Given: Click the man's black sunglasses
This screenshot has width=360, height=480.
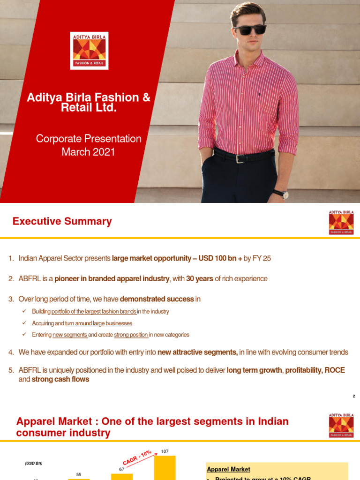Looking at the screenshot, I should (x=250, y=30).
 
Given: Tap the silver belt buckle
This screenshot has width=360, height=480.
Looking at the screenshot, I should (x=240, y=158).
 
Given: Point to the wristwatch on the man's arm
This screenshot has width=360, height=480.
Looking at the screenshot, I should (x=281, y=194).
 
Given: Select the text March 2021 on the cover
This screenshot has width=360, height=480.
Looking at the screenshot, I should (x=89, y=152).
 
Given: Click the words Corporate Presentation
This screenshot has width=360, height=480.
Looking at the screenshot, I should (x=89, y=139).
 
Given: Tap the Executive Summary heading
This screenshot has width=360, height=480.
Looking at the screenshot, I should (x=62, y=221).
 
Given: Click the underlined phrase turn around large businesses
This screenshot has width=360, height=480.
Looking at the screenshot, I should (x=102, y=323).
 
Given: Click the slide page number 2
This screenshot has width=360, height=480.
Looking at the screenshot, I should (x=354, y=396).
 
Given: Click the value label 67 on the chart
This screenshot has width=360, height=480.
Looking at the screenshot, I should (x=121, y=469).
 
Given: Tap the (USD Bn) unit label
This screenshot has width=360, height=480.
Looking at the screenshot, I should (x=33, y=464).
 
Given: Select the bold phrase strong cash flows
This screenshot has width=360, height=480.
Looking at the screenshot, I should (x=60, y=379).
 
